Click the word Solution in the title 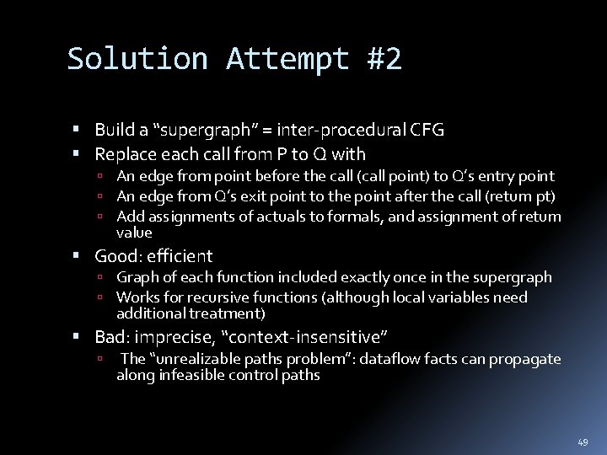click(137, 59)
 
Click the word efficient click(180, 256)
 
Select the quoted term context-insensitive click(304, 338)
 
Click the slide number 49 click(583, 442)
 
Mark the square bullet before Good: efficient click(77, 256)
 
